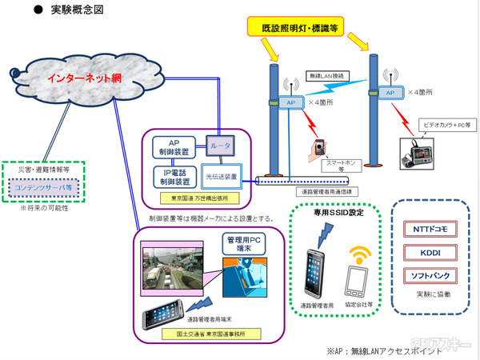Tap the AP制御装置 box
coord(174,147)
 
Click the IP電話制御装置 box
coord(174,176)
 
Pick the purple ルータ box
coord(219,147)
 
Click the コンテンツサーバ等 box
coord(47,188)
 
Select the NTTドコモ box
coord(430,229)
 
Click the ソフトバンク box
coord(430,276)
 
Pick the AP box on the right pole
coord(390,93)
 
